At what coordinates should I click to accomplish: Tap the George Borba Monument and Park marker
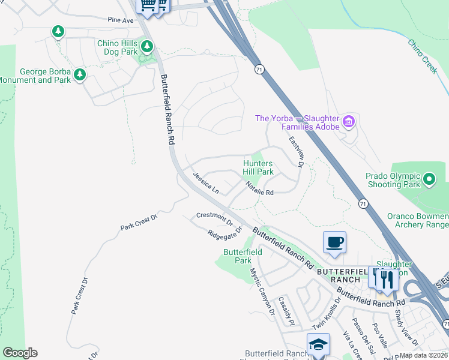[79, 75]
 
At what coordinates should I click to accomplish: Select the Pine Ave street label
[121, 20]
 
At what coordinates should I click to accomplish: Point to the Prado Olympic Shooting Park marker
[429, 179]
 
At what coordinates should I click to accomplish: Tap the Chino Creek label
[423, 56]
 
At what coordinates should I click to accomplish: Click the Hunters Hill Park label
[258, 167]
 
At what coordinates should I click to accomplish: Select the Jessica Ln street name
[206, 182]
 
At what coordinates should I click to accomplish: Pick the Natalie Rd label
[259, 189]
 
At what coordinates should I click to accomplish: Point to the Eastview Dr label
[297, 151]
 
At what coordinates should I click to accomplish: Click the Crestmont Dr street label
[214, 218]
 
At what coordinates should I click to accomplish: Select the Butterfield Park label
[237, 257]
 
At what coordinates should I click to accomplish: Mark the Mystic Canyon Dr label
[262, 290]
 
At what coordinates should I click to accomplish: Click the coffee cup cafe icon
[334, 242]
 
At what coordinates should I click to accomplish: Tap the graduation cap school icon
[318, 344]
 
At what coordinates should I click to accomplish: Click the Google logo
[20, 353]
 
